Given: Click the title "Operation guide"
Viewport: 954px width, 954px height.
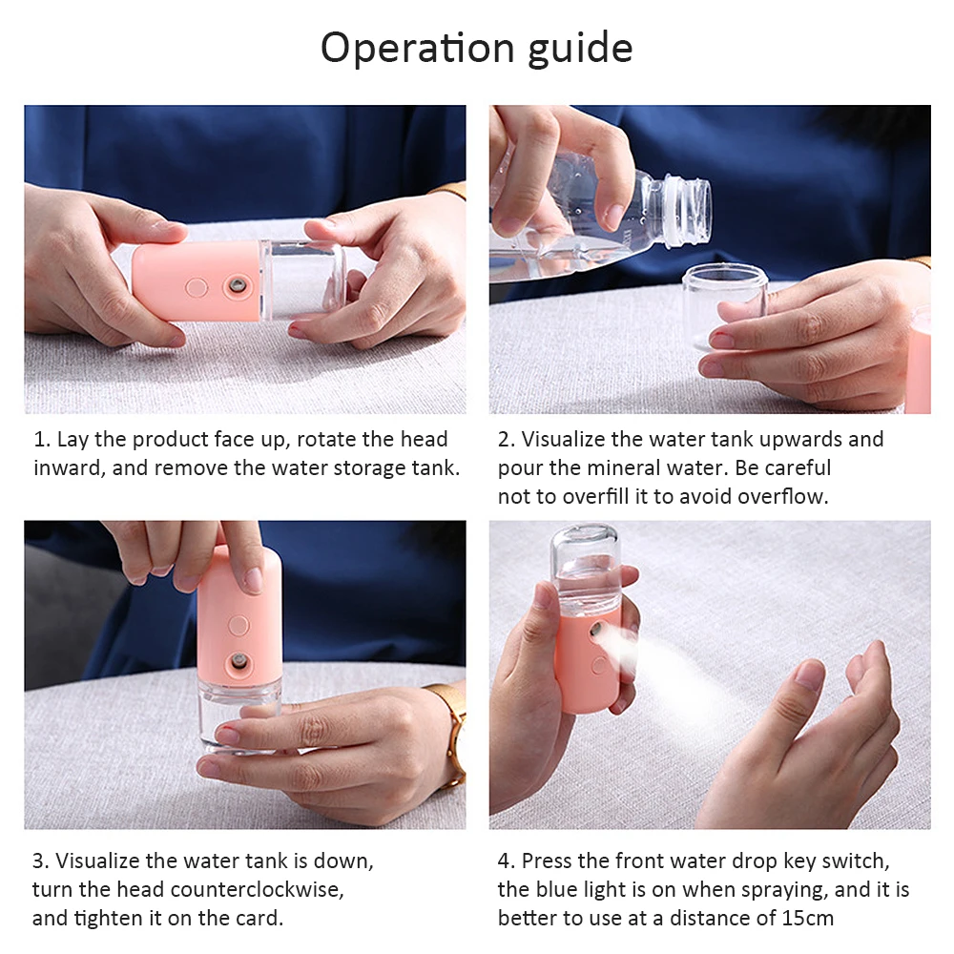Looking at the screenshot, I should pos(476,48).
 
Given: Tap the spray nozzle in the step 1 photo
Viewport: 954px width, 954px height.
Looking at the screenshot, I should pos(233,285).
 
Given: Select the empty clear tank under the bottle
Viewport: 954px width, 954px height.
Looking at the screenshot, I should pos(725,301).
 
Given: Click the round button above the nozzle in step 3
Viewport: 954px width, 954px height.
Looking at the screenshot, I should pos(238,625).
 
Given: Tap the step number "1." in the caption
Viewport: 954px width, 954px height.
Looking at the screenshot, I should pos(41,440).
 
